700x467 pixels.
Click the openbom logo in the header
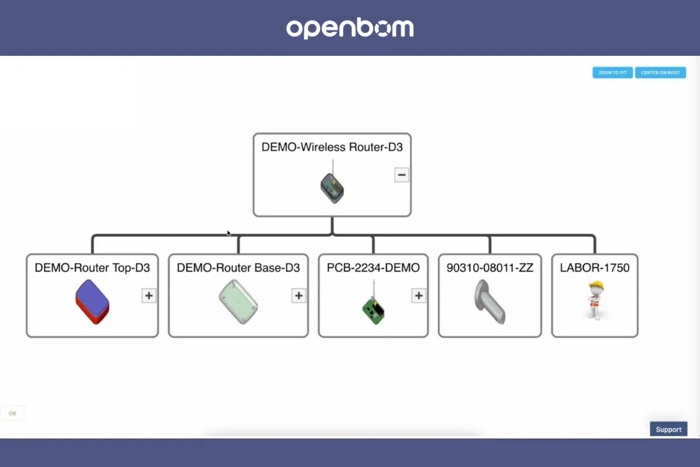(350, 28)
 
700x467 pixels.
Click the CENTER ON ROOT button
(660, 73)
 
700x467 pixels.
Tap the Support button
(668, 429)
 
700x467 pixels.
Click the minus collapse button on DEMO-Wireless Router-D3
(401, 175)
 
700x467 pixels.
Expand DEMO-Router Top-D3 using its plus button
(149, 295)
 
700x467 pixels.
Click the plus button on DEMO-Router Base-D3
(299, 295)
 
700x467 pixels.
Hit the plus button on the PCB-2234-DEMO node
(418, 295)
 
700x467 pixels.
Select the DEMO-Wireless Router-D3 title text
(332, 147)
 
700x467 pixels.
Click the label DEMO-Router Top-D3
(92, 268)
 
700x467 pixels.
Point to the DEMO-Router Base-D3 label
(238, 268)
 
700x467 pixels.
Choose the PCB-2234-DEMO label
(373, 268)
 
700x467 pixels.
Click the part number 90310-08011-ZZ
(490, 268)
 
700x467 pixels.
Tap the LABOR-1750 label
(595, 268)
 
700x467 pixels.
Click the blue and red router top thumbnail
(92, 301)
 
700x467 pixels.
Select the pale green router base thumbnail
(238, 301)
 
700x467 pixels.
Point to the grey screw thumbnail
(490, 301)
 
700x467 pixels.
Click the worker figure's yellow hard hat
(596, 286)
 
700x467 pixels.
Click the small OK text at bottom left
(12, 414)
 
